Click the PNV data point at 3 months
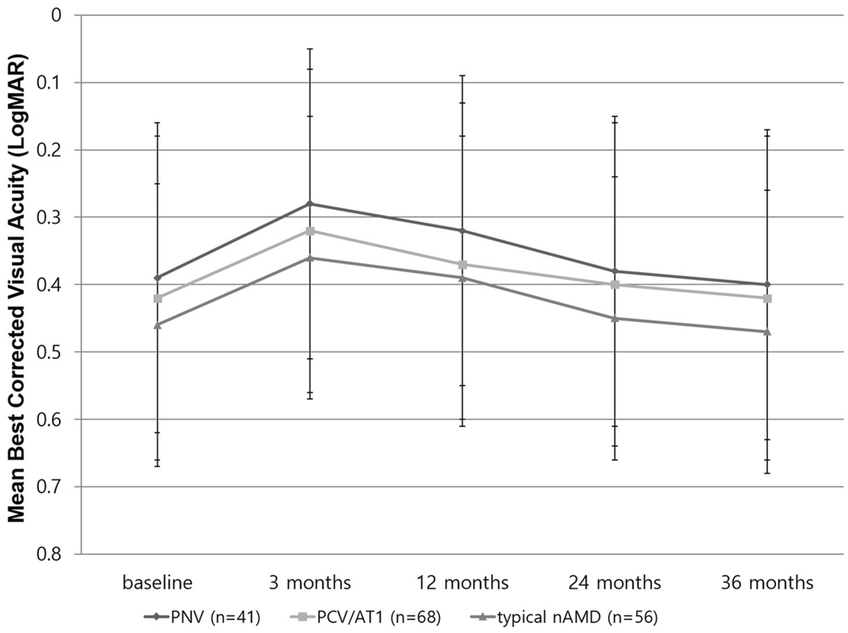(310, 204)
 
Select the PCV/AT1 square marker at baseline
(158, 298)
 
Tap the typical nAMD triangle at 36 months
(767, 331)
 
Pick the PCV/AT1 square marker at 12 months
(462, 265)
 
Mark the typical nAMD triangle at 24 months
(615, 318)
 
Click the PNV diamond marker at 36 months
(767, 284)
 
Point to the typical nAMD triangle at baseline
(158, 325)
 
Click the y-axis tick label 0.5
(53, 352)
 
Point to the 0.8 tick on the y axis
(53, 555)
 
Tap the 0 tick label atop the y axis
(57, 15)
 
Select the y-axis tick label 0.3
(53, 217)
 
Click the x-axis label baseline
(158, 583)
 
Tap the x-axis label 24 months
(615, 583)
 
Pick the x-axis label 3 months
(310, 583)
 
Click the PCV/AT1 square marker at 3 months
(310, 231)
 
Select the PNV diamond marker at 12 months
(462, 231)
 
